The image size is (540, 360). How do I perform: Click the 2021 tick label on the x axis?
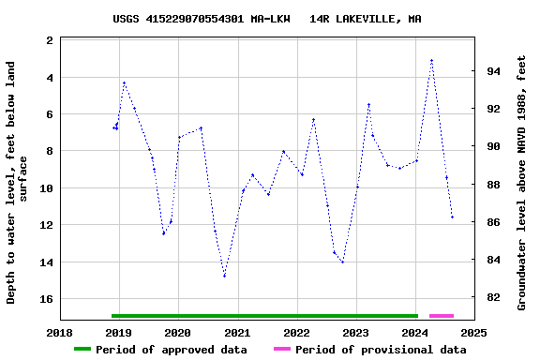click(x=237, y=333)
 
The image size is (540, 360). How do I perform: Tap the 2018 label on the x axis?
click(x=60, y=333)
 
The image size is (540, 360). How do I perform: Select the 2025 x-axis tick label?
click(x=474, y=333)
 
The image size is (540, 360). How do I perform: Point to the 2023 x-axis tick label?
click(x=356, y=333)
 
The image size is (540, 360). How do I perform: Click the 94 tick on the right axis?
click(x=492, y=71)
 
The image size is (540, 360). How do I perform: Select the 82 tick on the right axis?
click(x=492, y=298)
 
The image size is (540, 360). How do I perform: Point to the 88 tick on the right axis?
click(x=492, y=185)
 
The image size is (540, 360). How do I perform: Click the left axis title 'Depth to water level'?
click(x=18, y=182)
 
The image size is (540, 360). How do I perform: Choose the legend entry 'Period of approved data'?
click(x=161, y=350)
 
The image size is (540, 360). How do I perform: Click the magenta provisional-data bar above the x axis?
click(x=441, y=316)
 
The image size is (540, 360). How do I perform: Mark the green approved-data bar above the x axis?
click(x=264, y=316)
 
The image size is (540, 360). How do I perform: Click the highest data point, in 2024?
click(x=431, y=61)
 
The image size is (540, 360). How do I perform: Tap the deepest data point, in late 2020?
click(x=224, y=276)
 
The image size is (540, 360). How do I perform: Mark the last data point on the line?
click(x=452, y=217)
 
